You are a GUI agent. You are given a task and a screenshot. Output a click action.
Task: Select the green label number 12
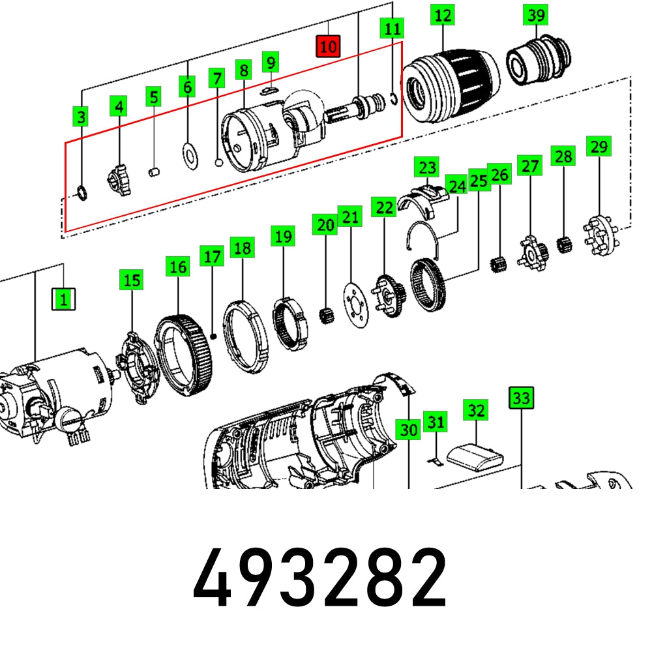443,14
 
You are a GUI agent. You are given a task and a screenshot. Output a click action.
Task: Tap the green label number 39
537,14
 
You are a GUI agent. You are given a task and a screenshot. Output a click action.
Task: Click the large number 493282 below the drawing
320,578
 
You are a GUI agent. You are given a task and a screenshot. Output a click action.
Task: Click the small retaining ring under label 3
81,193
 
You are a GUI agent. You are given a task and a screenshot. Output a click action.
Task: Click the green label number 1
64,299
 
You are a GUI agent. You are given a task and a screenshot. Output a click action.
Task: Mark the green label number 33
521,396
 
